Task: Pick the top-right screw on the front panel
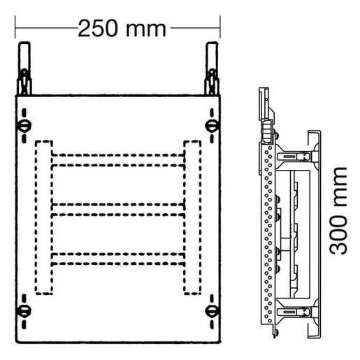(210, 126)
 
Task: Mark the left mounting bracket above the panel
(24, 70)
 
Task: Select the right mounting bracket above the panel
(211, 70)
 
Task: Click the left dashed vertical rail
(43, 217)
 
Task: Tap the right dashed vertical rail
(192, 217)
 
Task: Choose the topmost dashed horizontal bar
(117, 159)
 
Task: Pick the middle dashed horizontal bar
(117, 209)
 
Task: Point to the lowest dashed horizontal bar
(117, 258)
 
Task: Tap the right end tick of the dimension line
(220, 29)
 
